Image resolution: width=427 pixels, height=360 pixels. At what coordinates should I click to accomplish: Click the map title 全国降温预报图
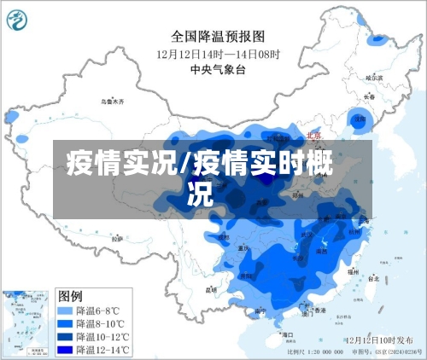click(218, 36)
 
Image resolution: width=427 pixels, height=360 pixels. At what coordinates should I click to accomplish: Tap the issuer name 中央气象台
click(218, 70)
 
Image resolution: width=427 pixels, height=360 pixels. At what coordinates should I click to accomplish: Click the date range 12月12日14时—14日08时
click(218, 53)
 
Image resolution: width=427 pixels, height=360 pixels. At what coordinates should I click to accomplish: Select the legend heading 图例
click(70, 295)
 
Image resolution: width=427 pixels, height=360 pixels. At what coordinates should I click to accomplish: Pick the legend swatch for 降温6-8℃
click(67, 311)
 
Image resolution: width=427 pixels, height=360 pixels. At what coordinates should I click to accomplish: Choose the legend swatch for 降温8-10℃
click(67, 323)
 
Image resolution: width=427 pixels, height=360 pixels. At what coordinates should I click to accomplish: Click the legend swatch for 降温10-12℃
click(67, 336)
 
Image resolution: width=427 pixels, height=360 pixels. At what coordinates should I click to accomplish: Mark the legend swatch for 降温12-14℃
click(67, 349)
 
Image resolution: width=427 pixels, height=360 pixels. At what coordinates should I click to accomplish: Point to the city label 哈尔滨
click(375, 78)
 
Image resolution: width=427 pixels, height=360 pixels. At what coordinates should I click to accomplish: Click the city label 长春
click(370, 96)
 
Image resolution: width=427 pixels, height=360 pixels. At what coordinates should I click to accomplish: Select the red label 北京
click(313, 136)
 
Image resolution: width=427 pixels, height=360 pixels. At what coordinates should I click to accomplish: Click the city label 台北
click(373, 277)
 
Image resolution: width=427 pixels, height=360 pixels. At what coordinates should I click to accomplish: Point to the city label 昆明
click(211, 289)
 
